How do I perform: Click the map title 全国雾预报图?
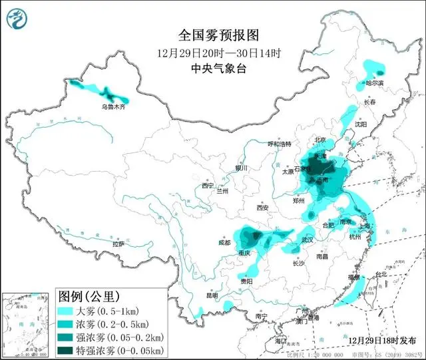pos(213,35)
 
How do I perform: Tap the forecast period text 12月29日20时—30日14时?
pos(213,53)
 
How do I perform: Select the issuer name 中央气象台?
pos(213,69)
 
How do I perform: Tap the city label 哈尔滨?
pos(375,84)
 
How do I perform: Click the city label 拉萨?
pos(118,245)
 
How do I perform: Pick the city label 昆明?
pos(211,295)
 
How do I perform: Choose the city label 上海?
pos(363,226)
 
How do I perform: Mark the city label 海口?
pos(282,341)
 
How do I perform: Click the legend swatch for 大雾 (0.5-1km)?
pos(67,311)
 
